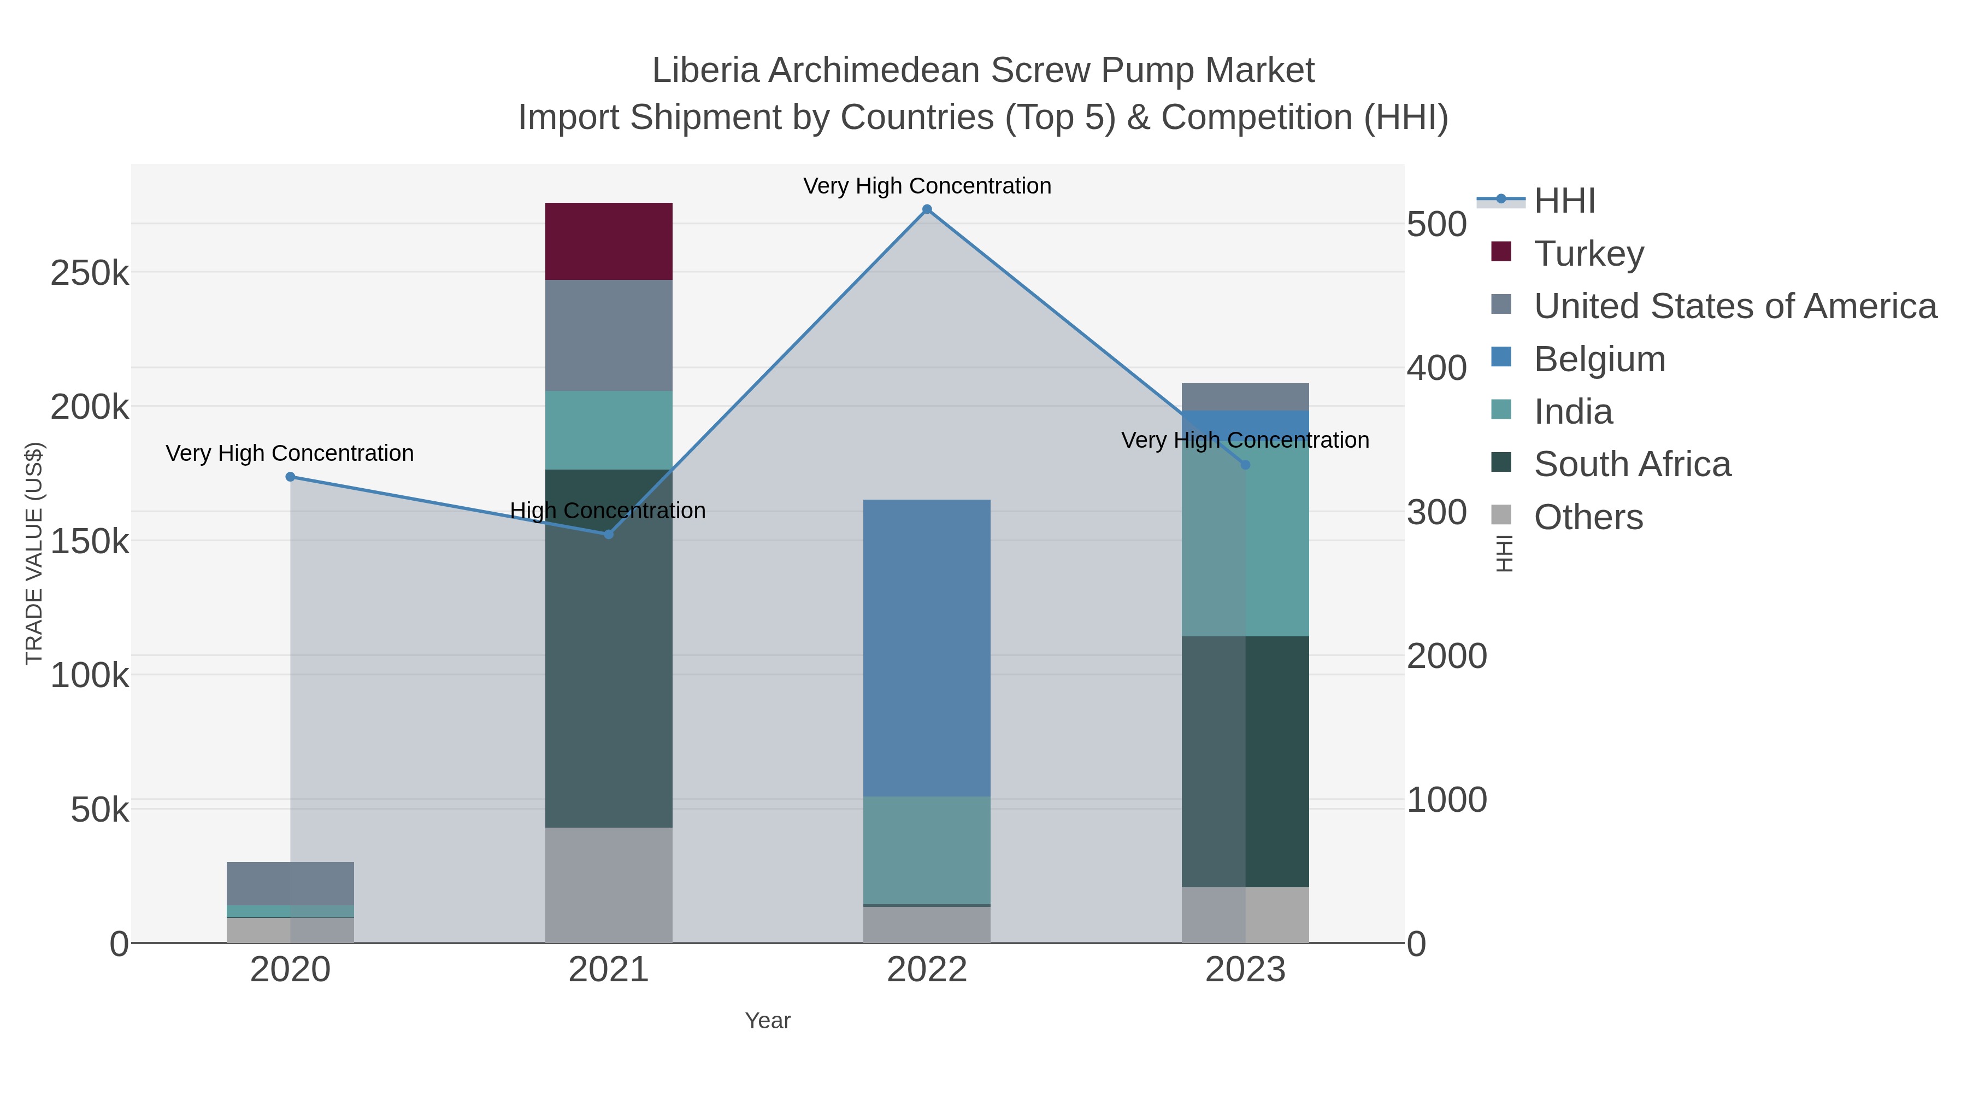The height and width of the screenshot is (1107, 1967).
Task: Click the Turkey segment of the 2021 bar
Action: [609, 242]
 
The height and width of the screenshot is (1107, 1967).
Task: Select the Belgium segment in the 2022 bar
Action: [926, 648]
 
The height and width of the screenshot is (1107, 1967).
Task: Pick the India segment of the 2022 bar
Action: [926, 850]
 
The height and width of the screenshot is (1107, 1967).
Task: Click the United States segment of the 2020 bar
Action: [290, 883]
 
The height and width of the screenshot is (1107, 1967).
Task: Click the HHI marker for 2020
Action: [290, 477]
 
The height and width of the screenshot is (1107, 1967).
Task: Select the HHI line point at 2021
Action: [609, 534]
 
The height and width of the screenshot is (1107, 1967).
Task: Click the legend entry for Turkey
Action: [1588, 254]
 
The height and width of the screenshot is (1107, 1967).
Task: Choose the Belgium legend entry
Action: [1599, 359]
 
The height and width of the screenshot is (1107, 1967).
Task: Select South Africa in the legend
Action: [1632, 465]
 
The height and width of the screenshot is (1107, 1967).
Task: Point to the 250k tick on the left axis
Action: [90, 273]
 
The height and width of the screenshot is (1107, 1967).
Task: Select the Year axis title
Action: [768, 1021]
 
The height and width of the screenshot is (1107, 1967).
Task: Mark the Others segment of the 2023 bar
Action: [1245, 915]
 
